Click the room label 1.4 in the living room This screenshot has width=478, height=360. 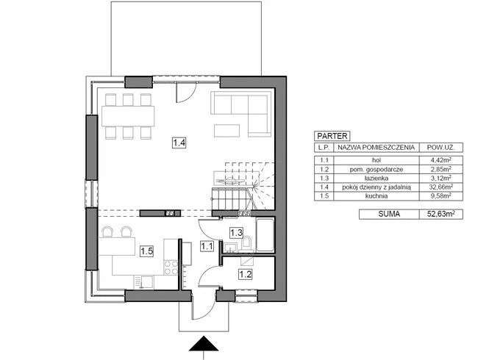179,144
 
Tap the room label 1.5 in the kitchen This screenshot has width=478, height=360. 146,251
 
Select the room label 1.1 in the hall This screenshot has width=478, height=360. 207,247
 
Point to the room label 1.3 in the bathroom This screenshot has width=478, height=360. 236,233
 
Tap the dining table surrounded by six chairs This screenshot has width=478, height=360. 129,116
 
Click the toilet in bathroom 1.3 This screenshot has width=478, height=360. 248,243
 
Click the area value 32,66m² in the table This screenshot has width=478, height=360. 440,187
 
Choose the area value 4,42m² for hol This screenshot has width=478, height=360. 440,157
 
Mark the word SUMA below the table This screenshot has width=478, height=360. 377,215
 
